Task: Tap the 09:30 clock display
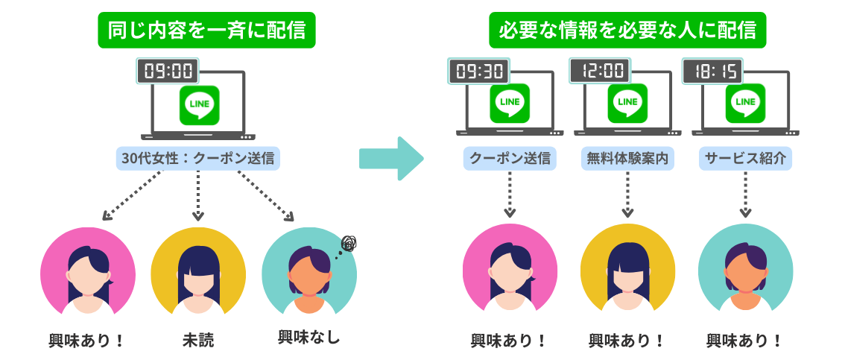pos(480,72)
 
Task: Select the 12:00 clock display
pos(598,72)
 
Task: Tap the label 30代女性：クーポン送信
pos(197,158)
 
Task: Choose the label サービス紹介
pos(745,158)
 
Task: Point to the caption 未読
pos(197,341)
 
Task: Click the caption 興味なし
pos(308,337)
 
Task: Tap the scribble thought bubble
pos(349,244)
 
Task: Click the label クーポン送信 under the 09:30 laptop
pos(510,158)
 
